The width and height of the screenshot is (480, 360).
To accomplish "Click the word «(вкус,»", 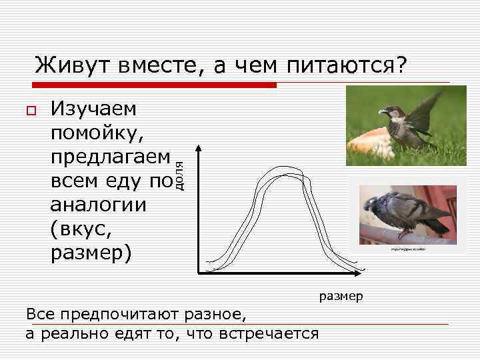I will pyautogui.click(x=79, y=229).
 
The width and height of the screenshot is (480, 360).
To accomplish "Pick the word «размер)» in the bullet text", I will pyautogui.click(x=91, y=253).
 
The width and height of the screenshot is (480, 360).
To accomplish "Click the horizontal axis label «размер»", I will pyautogui.click(x=341, y=295).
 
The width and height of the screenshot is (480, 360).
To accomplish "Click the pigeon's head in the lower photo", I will pyautogui.click(x=372, y=203).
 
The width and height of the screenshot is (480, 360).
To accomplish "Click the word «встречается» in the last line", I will pyautogui.click(x=273, y=332).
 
